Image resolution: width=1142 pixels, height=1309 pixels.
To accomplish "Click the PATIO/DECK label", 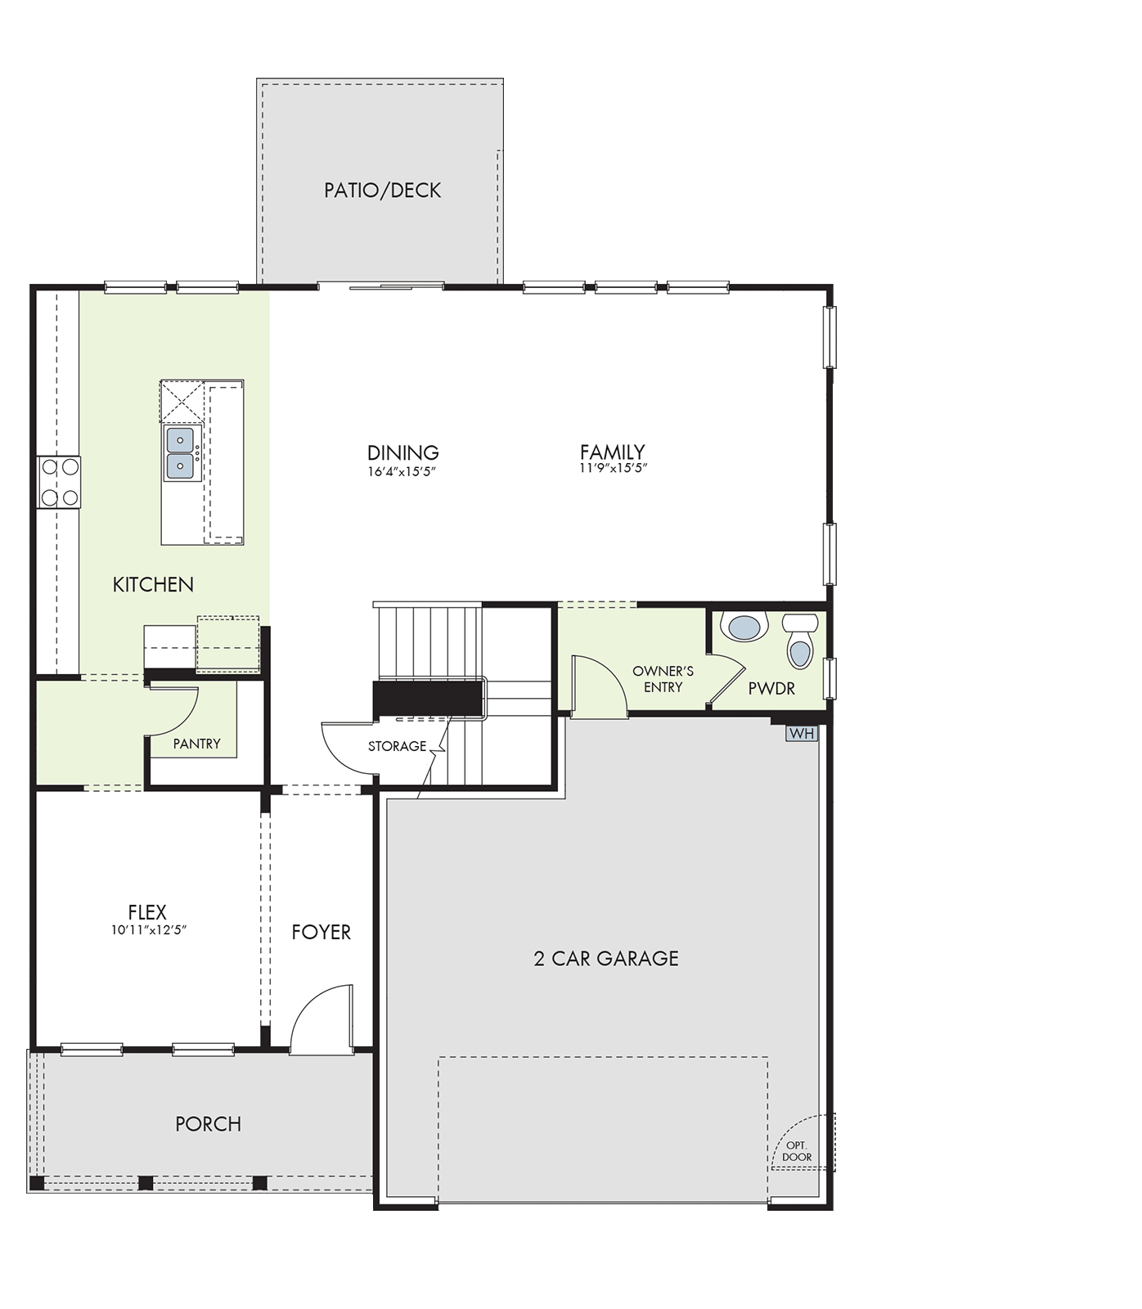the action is point(382,190).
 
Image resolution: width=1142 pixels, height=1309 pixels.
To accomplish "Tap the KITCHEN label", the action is point(153,584).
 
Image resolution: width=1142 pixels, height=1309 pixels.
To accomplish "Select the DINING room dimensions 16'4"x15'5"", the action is point(402,471).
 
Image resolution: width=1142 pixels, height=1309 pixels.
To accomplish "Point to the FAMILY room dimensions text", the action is point(613,468).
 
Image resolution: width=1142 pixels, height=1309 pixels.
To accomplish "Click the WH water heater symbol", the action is point(802,733).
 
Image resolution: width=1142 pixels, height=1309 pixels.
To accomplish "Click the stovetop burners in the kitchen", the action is point(59,482).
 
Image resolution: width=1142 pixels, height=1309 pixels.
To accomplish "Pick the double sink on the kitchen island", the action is point(181,453).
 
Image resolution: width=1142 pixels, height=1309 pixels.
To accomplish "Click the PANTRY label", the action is point(197,744).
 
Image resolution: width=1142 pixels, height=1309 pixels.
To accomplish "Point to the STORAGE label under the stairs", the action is point(397,746).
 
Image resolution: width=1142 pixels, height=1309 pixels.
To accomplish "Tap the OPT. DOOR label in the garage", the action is point(797,1151).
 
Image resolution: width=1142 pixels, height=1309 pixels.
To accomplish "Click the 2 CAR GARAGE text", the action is point(606,958).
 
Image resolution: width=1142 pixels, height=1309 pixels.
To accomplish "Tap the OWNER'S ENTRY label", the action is point(663,679).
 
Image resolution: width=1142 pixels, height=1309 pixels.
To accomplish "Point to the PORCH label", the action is point(209,1124).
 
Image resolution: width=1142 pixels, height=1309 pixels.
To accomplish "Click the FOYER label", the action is point(321,932).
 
